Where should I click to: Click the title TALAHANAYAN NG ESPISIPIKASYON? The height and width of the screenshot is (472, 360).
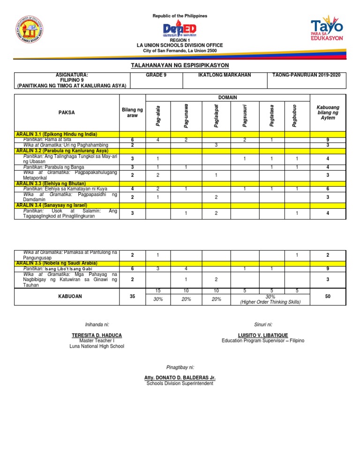180,69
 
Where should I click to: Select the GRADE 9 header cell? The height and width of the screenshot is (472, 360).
157,75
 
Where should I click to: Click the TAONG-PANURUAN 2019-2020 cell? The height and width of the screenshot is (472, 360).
306,75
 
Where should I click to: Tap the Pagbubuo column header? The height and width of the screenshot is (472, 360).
294,116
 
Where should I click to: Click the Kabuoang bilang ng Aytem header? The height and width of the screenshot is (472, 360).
328,113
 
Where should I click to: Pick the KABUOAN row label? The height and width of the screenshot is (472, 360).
66,297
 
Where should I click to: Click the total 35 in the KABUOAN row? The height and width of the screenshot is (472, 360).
132,297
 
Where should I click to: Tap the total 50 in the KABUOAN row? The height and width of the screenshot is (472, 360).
328,297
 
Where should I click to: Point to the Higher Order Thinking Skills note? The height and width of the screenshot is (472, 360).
270,302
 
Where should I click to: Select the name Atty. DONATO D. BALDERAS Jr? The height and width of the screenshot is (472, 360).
180,378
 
